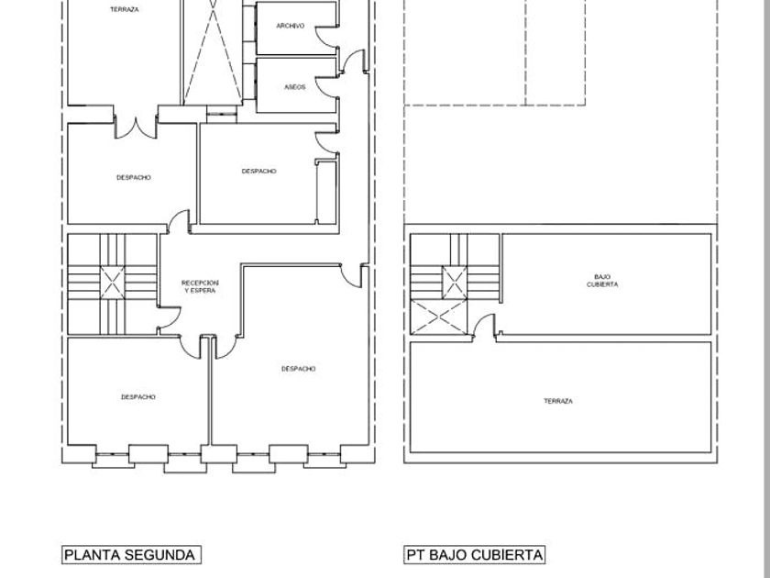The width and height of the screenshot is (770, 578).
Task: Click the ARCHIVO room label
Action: pyautogui.click(x=291, y=26)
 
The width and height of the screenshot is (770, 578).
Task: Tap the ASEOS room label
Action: pyautogui.click(x=294, y=87)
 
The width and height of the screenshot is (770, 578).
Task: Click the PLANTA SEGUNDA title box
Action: pyautogui.click(x=131, y=555)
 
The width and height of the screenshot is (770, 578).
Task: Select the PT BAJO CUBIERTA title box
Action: pyautogui.click(x=475, y=555)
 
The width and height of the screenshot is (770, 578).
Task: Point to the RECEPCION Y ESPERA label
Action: pyautogui.click(x=200, y=286)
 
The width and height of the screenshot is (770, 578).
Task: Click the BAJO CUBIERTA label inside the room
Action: pyautogui.click(x=602, y=281)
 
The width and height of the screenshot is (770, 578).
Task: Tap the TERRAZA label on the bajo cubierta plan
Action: pyautogui.click(x=558, y=401)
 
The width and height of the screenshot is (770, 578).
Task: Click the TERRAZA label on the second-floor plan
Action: pyautogui.click(x=125, y=9)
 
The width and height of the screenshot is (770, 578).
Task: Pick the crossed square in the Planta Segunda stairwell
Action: pyautogui.click(x=113, y=283)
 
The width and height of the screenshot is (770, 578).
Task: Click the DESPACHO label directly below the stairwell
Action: pyautogui.click(x=138, y=397)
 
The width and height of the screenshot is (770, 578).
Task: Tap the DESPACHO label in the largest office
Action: pyautogui.click(x=299, y=369)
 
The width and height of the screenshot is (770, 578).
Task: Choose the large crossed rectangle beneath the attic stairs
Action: pyautogui.click(x=438, y=317)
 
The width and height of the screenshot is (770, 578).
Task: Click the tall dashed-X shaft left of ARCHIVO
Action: pyautogui.click(x=213, y=51)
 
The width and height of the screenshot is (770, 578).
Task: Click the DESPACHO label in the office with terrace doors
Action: pyautogui.click(x=134, y=177)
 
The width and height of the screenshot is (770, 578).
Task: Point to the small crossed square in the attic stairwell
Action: pyautogui.click(x=455, y=283)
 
